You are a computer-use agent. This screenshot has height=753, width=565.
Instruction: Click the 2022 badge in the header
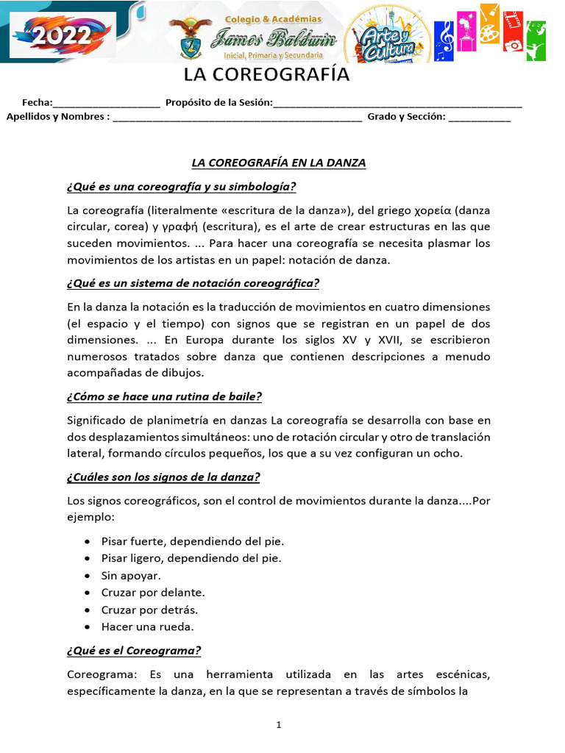point(62,35)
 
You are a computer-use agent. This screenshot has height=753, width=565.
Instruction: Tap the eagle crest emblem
point(191,38)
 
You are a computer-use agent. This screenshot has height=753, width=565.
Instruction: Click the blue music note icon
point(444,36)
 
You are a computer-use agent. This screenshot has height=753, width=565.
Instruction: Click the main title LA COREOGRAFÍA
point(266,76)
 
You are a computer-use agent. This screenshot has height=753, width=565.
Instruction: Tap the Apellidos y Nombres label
point(58,116)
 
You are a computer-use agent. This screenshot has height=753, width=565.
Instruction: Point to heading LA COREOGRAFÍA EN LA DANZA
point(279,163)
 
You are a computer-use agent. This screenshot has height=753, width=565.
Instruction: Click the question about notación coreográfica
point(193,283)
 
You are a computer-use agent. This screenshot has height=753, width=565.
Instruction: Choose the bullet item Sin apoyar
point(131,575)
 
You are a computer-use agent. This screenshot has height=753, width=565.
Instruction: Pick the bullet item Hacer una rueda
point(147,627)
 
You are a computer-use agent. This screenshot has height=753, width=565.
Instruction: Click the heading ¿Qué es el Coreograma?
point(134,651)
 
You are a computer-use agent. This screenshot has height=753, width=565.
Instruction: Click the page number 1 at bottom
point(279,725)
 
